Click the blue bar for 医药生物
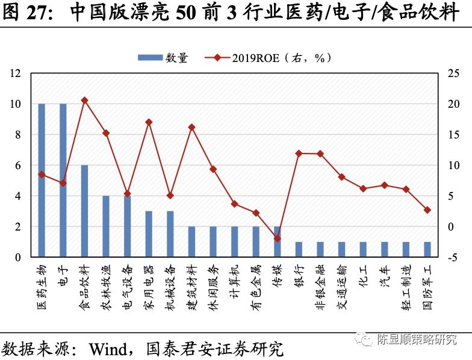point(42,181)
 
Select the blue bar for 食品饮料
point(84,211)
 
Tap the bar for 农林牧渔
point(106,226)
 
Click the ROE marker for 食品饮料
point(84,101)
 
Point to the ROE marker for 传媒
point(277,238)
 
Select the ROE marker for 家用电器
point(149,122)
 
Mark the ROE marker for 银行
point(299,154)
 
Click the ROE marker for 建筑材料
point(191,128)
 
